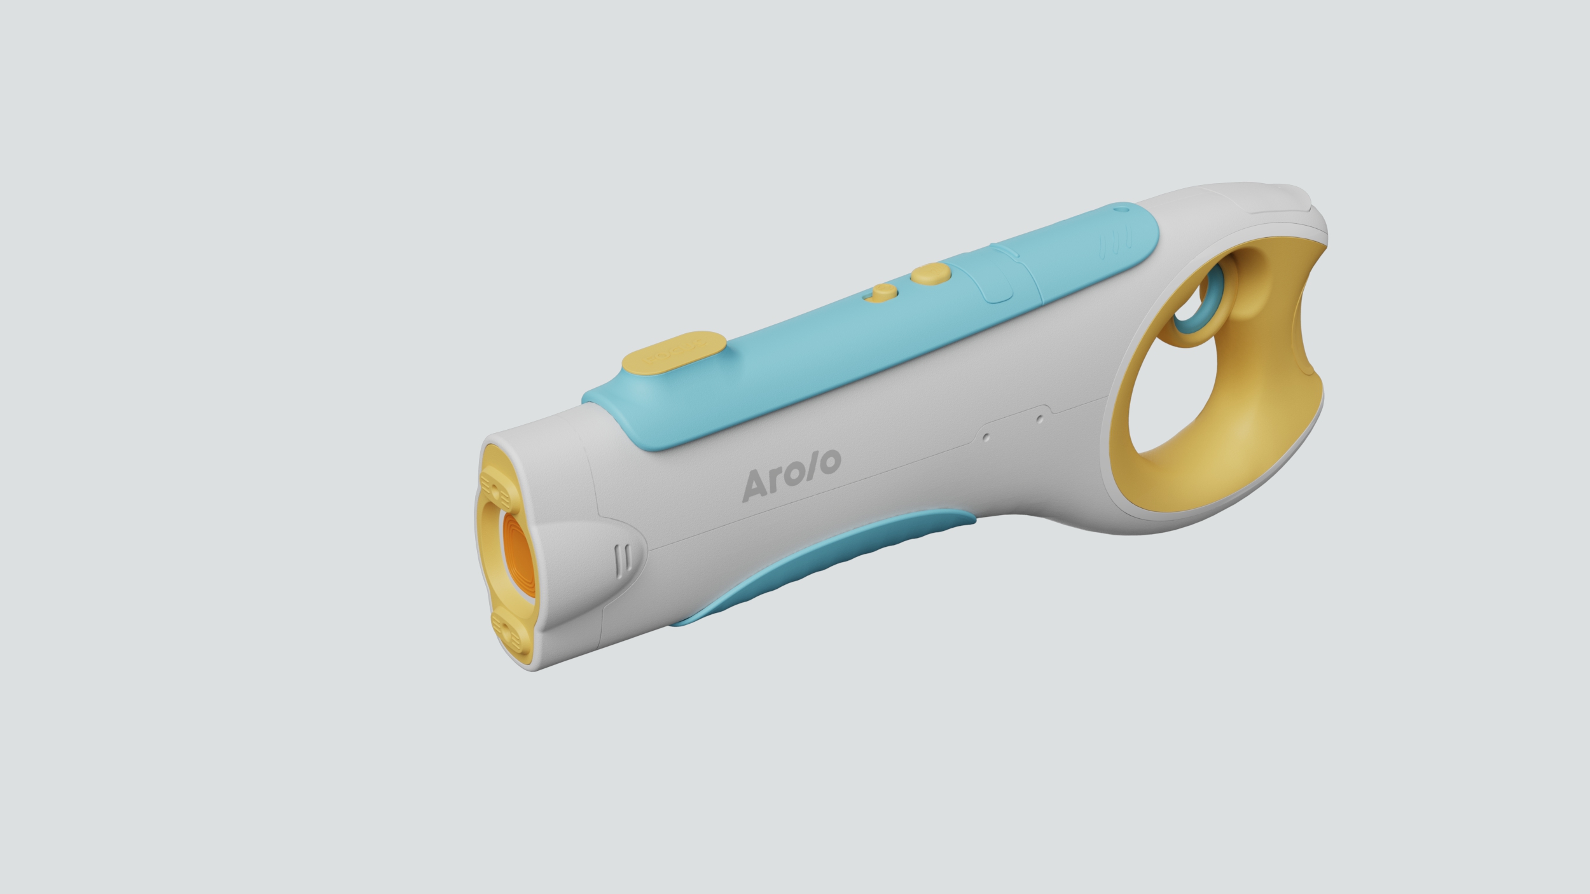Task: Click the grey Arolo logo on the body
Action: point(792,474)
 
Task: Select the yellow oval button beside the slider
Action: point(930,275)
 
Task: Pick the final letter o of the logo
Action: point(828,462)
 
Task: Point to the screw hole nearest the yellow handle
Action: point(1039,419)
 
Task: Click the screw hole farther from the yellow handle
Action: point(986,437)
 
